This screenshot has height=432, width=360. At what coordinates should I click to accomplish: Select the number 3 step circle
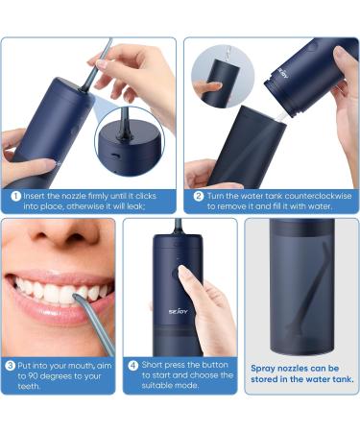pos(12,366)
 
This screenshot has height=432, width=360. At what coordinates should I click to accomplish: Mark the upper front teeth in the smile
pos(58,288)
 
